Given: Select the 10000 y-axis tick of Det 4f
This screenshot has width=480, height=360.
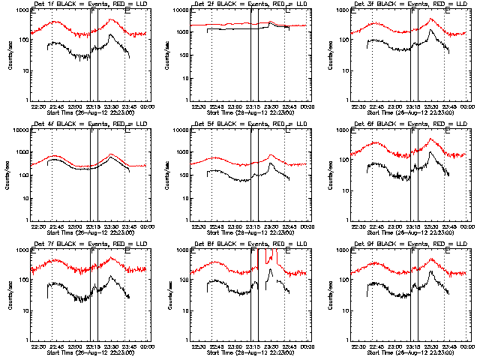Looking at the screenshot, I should click(x=18, y=130).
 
